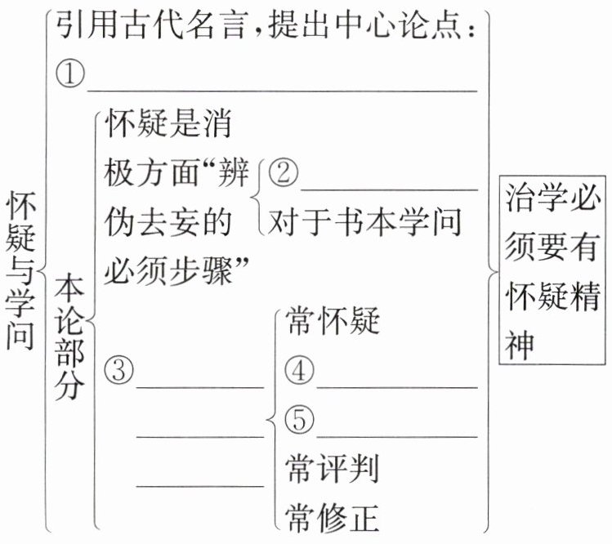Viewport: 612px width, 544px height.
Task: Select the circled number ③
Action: (x=119, y=371)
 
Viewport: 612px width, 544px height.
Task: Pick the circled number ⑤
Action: (x=301, y=420)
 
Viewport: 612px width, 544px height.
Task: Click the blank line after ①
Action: (x=282, y=90)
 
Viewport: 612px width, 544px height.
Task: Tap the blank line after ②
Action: (x=389, y=188)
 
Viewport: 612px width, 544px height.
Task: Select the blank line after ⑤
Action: (x=396, y=436)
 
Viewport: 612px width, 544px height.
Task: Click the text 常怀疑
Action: (x=334, y=323)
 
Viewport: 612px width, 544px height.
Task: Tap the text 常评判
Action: (x=334, y=469)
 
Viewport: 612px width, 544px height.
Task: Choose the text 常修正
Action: (x=334, y=516)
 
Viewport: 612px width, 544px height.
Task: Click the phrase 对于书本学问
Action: (x=365, y=221)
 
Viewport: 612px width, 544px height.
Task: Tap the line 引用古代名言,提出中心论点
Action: (x=266, y=29)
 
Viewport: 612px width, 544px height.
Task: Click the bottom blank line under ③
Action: (x=200, y=485)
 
